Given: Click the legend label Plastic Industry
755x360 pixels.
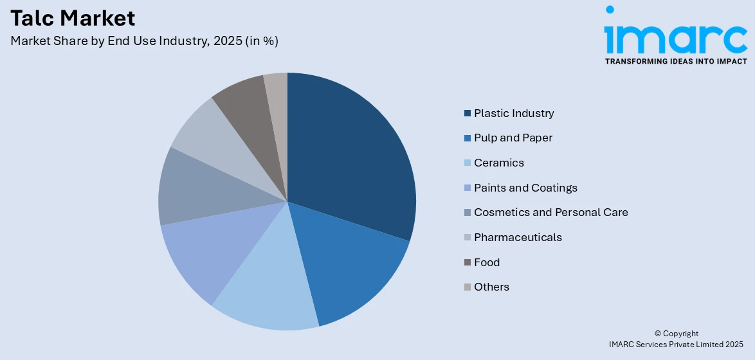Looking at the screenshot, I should click(x=514, y=113).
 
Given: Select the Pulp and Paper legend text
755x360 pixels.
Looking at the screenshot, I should click(x=513, y=138).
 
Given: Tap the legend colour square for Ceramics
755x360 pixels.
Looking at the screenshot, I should click(x=467, y=163).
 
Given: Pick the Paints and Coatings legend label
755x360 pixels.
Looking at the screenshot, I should click(x=525, y=188).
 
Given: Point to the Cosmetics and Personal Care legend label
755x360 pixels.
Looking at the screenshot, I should click(x=550, y=212).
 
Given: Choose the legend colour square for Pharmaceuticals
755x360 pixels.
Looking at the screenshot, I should click(x=467, y=238).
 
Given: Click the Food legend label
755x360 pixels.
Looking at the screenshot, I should click(x=487, y=262).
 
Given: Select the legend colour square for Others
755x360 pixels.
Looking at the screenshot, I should click(x=467, y=287).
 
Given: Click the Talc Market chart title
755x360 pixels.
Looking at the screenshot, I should click(x=73, y=17).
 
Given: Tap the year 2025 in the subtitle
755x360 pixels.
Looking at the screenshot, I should click(x=227, y=40).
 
